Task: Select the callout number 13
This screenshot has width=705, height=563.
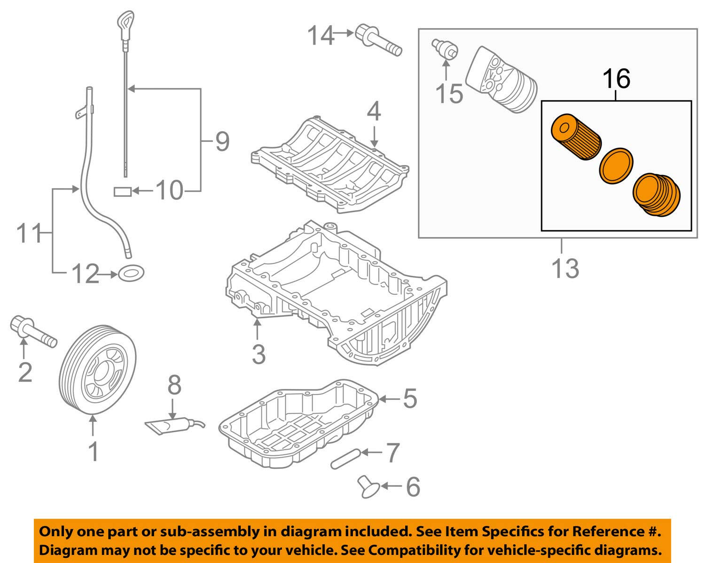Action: pos(565,268)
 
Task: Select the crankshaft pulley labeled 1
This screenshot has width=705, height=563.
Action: pos(99,370)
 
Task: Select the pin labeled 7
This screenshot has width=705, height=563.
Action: pos(345,459)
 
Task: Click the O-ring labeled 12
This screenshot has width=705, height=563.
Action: pos(131,272)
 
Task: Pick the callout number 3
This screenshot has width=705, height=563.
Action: pos(258,354)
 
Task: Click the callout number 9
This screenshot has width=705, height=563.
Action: pos(222,141)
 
